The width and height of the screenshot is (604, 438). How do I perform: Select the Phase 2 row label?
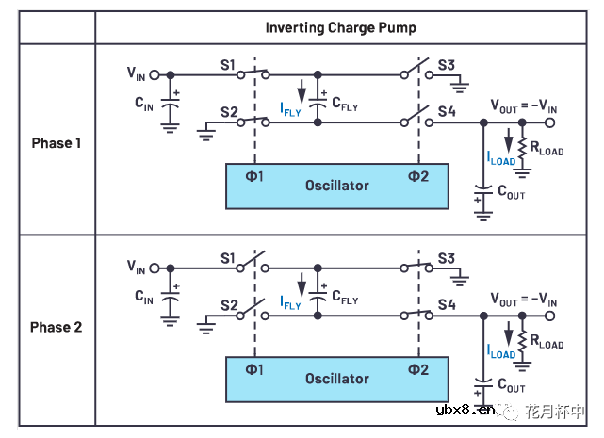[x=57, y=327]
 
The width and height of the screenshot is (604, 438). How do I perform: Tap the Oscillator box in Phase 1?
[x=336, y=186]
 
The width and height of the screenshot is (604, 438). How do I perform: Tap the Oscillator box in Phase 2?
[x=336, y=379]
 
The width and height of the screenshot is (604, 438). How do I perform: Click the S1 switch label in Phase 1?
[x=227, y=65]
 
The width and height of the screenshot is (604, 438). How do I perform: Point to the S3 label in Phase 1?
[x=447, y=65]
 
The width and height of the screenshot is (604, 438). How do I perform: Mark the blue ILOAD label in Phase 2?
[x=501, y=353]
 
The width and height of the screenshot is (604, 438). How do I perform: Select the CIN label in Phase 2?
[x=143, y=298]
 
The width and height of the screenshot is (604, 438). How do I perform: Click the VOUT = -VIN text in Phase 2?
[x=524, y=300]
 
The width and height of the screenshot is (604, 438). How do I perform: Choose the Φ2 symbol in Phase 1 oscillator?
[x=416, y=176]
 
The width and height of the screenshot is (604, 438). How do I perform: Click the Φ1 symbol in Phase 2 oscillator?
[x=254, y=368]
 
